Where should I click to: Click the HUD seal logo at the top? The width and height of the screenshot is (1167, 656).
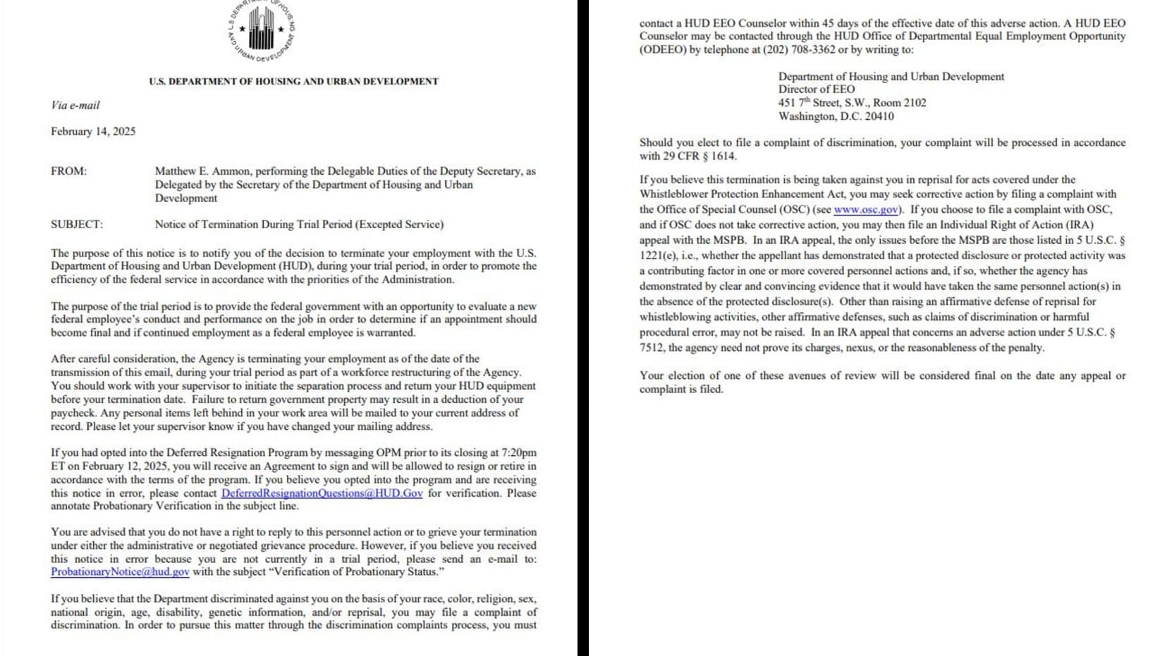tap(261, 30)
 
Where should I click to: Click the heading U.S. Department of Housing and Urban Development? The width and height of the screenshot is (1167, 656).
tap(293, 82)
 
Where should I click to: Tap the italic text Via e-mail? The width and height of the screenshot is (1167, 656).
tap(75, 105)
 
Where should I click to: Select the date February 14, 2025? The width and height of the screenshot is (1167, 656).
tap(93, 131)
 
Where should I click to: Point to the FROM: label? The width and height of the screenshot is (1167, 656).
tap(68, 171)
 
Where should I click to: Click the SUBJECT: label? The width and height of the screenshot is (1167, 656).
tap(76, 224)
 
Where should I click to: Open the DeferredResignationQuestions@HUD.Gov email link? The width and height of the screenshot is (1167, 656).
tap(322, 493)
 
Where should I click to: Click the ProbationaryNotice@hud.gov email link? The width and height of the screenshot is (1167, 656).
tap(120, 572)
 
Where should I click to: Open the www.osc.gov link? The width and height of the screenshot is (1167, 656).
tap(866, 210)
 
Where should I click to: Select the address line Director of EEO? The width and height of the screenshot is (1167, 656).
tap(816, 89)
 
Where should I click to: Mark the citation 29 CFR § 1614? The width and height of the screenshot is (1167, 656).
tap(688, 156)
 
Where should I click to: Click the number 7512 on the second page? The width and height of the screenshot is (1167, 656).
tap(652, 347)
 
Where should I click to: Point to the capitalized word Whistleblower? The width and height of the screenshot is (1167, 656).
tap(673, 194)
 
